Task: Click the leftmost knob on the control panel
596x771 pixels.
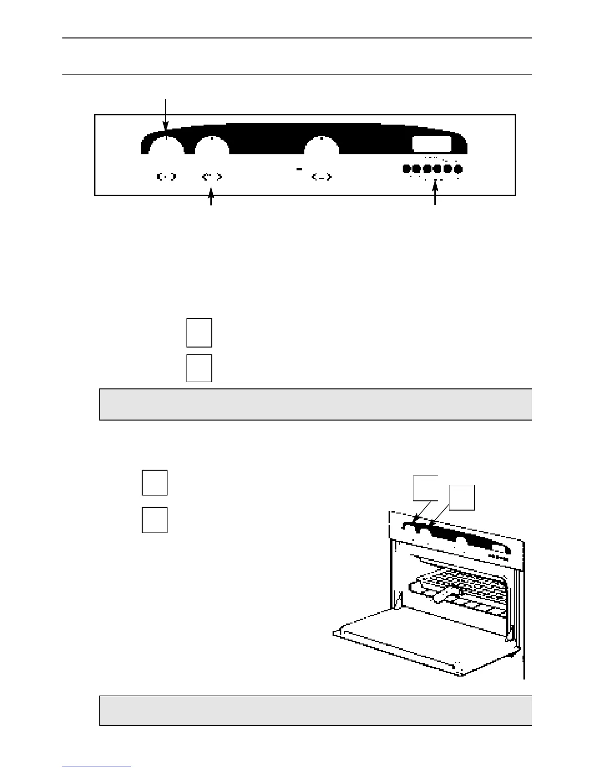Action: (x=166, y=146)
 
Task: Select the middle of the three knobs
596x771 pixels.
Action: (x=212, y=146)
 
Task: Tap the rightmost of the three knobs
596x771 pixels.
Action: (x=321, y=146)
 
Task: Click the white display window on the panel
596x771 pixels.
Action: (x=432, y=144)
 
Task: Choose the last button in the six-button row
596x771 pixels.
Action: (x=458, y=169)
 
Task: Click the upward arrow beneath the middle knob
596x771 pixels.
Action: (x=211, y=200)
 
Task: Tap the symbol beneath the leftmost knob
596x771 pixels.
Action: (x=166, y=177)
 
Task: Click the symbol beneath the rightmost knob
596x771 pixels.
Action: (x=321, y=177)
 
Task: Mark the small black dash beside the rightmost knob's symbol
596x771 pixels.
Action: (x=299, y=169)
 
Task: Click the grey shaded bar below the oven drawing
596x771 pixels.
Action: (x=315, y=710)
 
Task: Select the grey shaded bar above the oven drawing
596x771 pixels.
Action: (x=315, y=404)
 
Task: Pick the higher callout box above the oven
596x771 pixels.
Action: (x=426, y=488)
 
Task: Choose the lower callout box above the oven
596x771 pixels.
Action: (x=462, y=497)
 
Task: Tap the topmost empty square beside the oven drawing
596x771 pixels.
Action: (x=155, y=482)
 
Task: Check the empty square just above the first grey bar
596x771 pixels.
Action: (x=199, y=368)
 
